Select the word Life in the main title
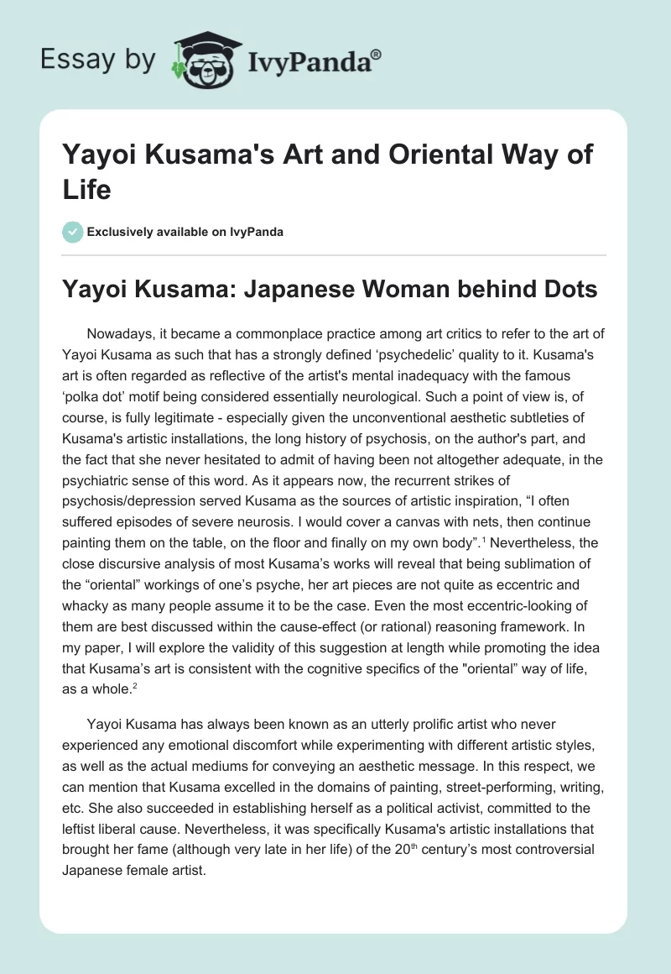click(87, 190)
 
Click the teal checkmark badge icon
click(72, 232)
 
